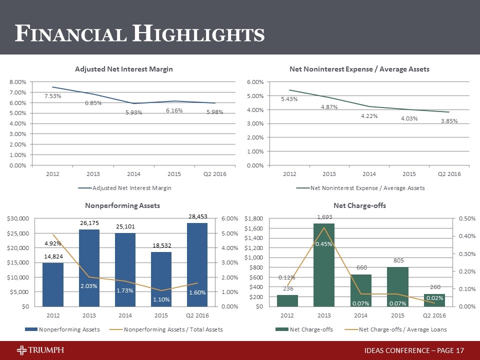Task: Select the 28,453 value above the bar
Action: [x=197, y=217]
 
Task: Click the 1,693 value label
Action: [x=324, y=217]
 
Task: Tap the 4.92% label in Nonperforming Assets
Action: [x=52, y=244]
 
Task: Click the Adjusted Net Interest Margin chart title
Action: [x=124, y=69]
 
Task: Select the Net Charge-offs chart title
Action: [x=360, y=205]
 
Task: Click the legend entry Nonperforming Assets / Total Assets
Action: [x=173, y=329]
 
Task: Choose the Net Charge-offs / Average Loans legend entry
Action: [x=403, y=329]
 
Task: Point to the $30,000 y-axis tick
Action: [x=17, y=218]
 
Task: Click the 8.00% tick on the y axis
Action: [x=18, y=81]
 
